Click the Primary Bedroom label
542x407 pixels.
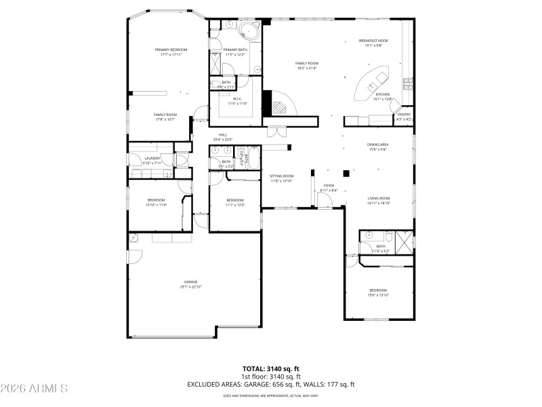tap(171, 50)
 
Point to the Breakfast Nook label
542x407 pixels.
tap(373, 41)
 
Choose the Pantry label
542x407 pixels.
tap(403, 115)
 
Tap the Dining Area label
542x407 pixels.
tap(377, 144)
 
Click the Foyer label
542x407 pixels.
tap(329, 185)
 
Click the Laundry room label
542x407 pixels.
tap(152, 158)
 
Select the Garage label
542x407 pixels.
tap(191, 282)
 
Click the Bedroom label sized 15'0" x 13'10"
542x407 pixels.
tap(378, 290)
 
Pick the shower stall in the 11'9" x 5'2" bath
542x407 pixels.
tap(404, 241)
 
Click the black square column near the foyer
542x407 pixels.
tap(346, 172)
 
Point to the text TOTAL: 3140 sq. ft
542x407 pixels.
tap(271, 368)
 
